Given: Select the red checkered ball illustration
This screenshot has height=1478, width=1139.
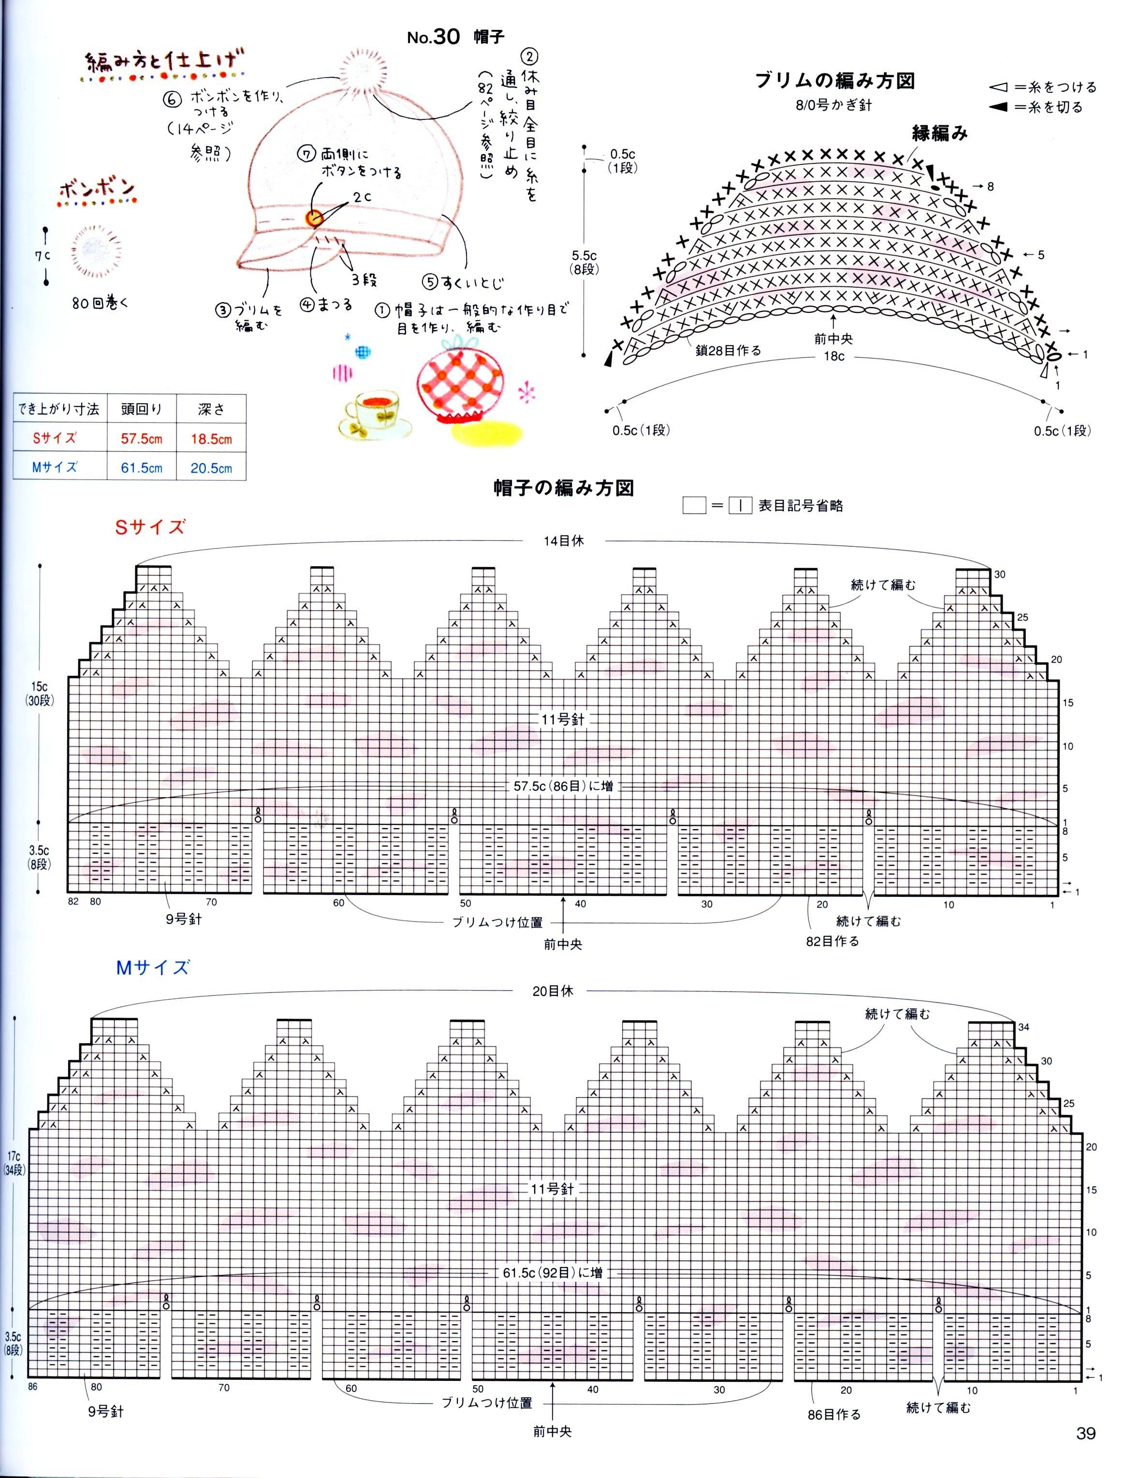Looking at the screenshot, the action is click(460, 380).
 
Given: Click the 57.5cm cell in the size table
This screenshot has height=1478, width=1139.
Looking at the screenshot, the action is click(142, 439).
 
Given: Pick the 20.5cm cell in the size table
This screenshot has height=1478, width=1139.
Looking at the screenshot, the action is click(211, 468).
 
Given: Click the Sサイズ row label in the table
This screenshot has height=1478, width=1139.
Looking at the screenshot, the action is click(55, 438).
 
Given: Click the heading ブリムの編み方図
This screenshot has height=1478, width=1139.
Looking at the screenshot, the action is click(834, 81).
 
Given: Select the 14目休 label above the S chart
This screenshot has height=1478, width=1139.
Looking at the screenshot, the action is click(563, 541).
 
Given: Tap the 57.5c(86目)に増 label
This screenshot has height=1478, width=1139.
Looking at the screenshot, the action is click(563, 786).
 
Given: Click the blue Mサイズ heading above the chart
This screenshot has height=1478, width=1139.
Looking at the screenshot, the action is click(152, 968).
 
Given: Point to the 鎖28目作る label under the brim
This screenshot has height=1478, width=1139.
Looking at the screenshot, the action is click(728, 351).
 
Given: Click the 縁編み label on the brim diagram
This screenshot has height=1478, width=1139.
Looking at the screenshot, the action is click(939, 133).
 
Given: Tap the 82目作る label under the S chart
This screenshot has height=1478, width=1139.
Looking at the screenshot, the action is click(832, 941).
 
